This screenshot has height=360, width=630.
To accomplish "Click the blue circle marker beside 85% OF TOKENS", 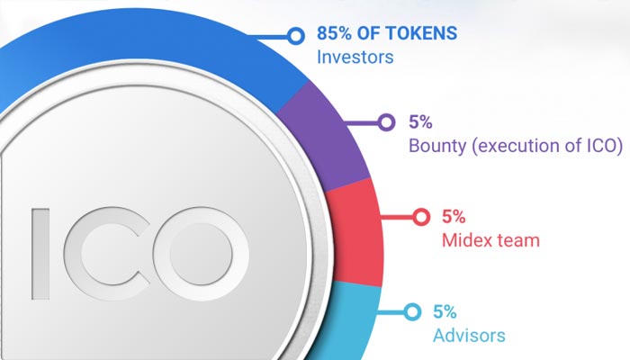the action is pyautogui.click(x=296, y=36).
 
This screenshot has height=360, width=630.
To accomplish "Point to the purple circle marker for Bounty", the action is pyautogui.click(x=386, y=121).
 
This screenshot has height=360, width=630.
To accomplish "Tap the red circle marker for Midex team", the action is pyautogui.click(x=420, y=217).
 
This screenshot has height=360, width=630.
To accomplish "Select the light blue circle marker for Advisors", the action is pyautogui.click(x=412, y=311).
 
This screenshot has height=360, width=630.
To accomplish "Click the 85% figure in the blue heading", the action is pyautogui.click(x=334, y=33).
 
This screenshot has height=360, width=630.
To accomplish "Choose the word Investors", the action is pyautogui.click(x=355, y=57).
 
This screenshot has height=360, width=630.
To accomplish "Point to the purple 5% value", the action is pyautogui.click(x=420, y=121).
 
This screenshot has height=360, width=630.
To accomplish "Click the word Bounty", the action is pyautogui.click(x=437, y=146).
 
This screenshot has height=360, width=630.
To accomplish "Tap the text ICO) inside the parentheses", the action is pyautogui.click(x=605, y=146).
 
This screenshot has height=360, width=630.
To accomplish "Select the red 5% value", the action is pyautogui.click(x=454, y=217).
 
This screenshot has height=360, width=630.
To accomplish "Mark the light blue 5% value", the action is pyautogui.click(x=445, y=311).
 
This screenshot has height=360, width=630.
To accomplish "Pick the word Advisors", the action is pyautogui.click(x=469, y=336).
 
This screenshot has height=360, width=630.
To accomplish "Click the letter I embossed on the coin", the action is pyautogui.click(x=40, y=254).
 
